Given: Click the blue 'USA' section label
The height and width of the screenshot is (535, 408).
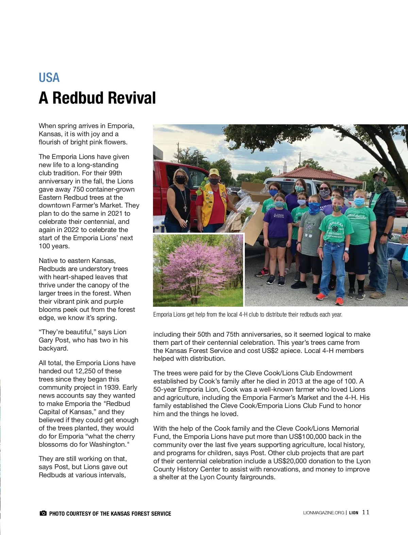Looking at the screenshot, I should coord(49,78).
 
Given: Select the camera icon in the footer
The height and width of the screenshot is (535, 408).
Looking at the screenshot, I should coord(43,513).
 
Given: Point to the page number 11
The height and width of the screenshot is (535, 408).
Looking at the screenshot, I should coord(365,512).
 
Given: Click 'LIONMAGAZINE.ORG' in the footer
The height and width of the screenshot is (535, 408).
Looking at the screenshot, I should coord(323,513).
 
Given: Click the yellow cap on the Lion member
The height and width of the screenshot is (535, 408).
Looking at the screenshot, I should coord(214,171).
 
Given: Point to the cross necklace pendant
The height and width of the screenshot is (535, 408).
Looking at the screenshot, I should coord(185,208).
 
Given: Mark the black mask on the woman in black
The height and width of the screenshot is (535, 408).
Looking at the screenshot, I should coord(180,180).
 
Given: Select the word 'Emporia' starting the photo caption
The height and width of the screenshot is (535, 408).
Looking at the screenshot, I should coord(162,315).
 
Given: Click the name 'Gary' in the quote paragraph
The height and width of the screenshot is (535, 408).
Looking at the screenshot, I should coord(46,340).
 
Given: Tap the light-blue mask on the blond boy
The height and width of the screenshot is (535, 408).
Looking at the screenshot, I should coord(359,202).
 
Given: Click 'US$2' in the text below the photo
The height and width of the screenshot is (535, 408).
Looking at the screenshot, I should coord(270,351).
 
